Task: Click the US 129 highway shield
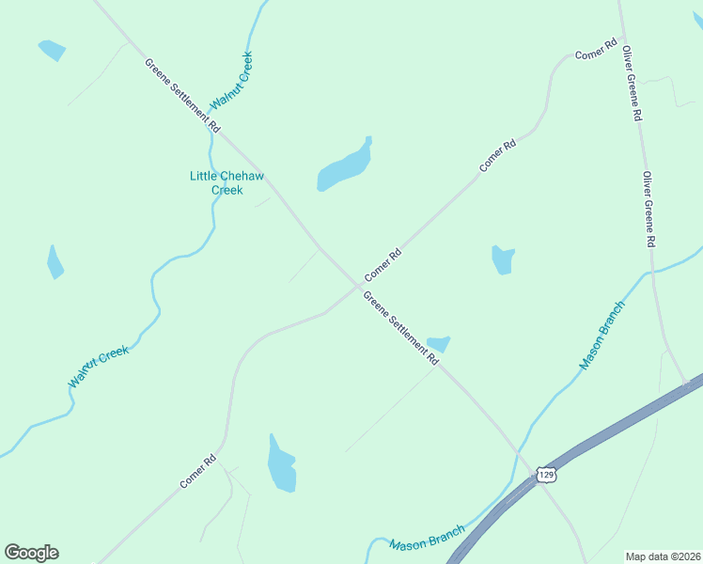(x=547, y=476)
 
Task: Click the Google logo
(x=31, y=553)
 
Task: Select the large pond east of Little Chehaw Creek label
(x=344, y=167)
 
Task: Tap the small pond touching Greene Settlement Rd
(x=438, y=344)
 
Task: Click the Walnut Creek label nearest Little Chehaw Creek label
(x=232, y=81)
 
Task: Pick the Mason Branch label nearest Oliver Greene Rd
(x=601, y=336)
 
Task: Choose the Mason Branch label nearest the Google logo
(x=427, y=539)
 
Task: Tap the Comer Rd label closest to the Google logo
(x=198, y=472)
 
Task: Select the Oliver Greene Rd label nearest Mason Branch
(x=648, y=209)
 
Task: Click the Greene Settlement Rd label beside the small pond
(x=401, y=328)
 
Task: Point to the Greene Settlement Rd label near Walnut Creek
(x=182, y=95)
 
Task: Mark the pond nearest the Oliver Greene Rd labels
(x=504, y=259)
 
